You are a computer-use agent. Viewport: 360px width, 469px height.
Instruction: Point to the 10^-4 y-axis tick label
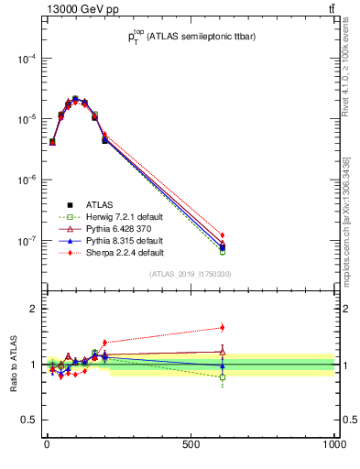pyautogui.click(x=25, y=59)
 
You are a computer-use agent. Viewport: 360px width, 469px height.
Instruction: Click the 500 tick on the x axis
pyautogui.click(x=191, y=445)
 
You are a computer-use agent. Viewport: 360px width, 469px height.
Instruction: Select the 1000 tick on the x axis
pyautogui.click(x=333, y=445)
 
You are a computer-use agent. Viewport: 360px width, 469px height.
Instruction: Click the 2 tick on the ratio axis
pyautogui.click(x=33, y=309)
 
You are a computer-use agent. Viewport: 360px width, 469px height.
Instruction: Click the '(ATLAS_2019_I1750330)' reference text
pyautogui.click(x=191, y=274)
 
